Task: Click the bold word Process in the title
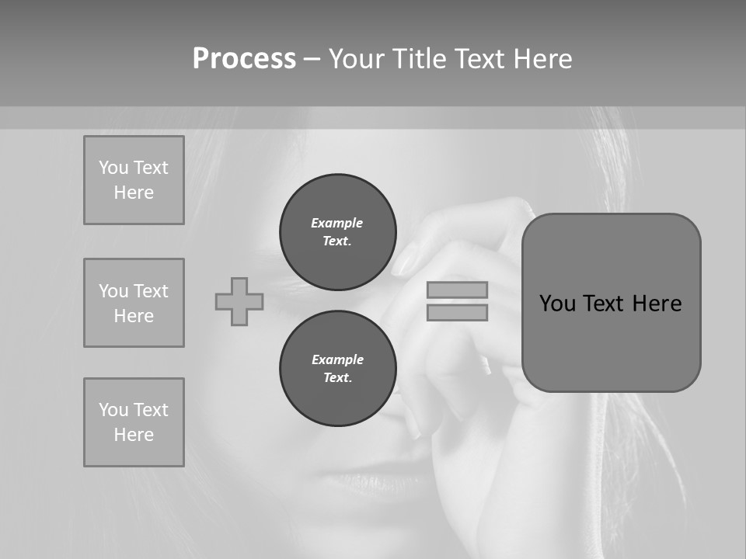click(244, 59)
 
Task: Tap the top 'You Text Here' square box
click(134, 180)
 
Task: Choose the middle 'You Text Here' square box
click(134, 303)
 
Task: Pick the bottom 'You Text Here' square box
click(134, 422)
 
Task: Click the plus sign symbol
click(239, 301)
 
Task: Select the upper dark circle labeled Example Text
click(338, 231)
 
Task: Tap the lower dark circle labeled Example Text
click(338, 368)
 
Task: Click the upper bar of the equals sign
click(457, 290)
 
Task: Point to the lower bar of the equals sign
click(457, 312)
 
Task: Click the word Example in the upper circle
click(337, 223)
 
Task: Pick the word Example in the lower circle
click(337, 359)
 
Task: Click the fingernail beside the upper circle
click(404, 261)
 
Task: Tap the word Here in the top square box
click(134, 193)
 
